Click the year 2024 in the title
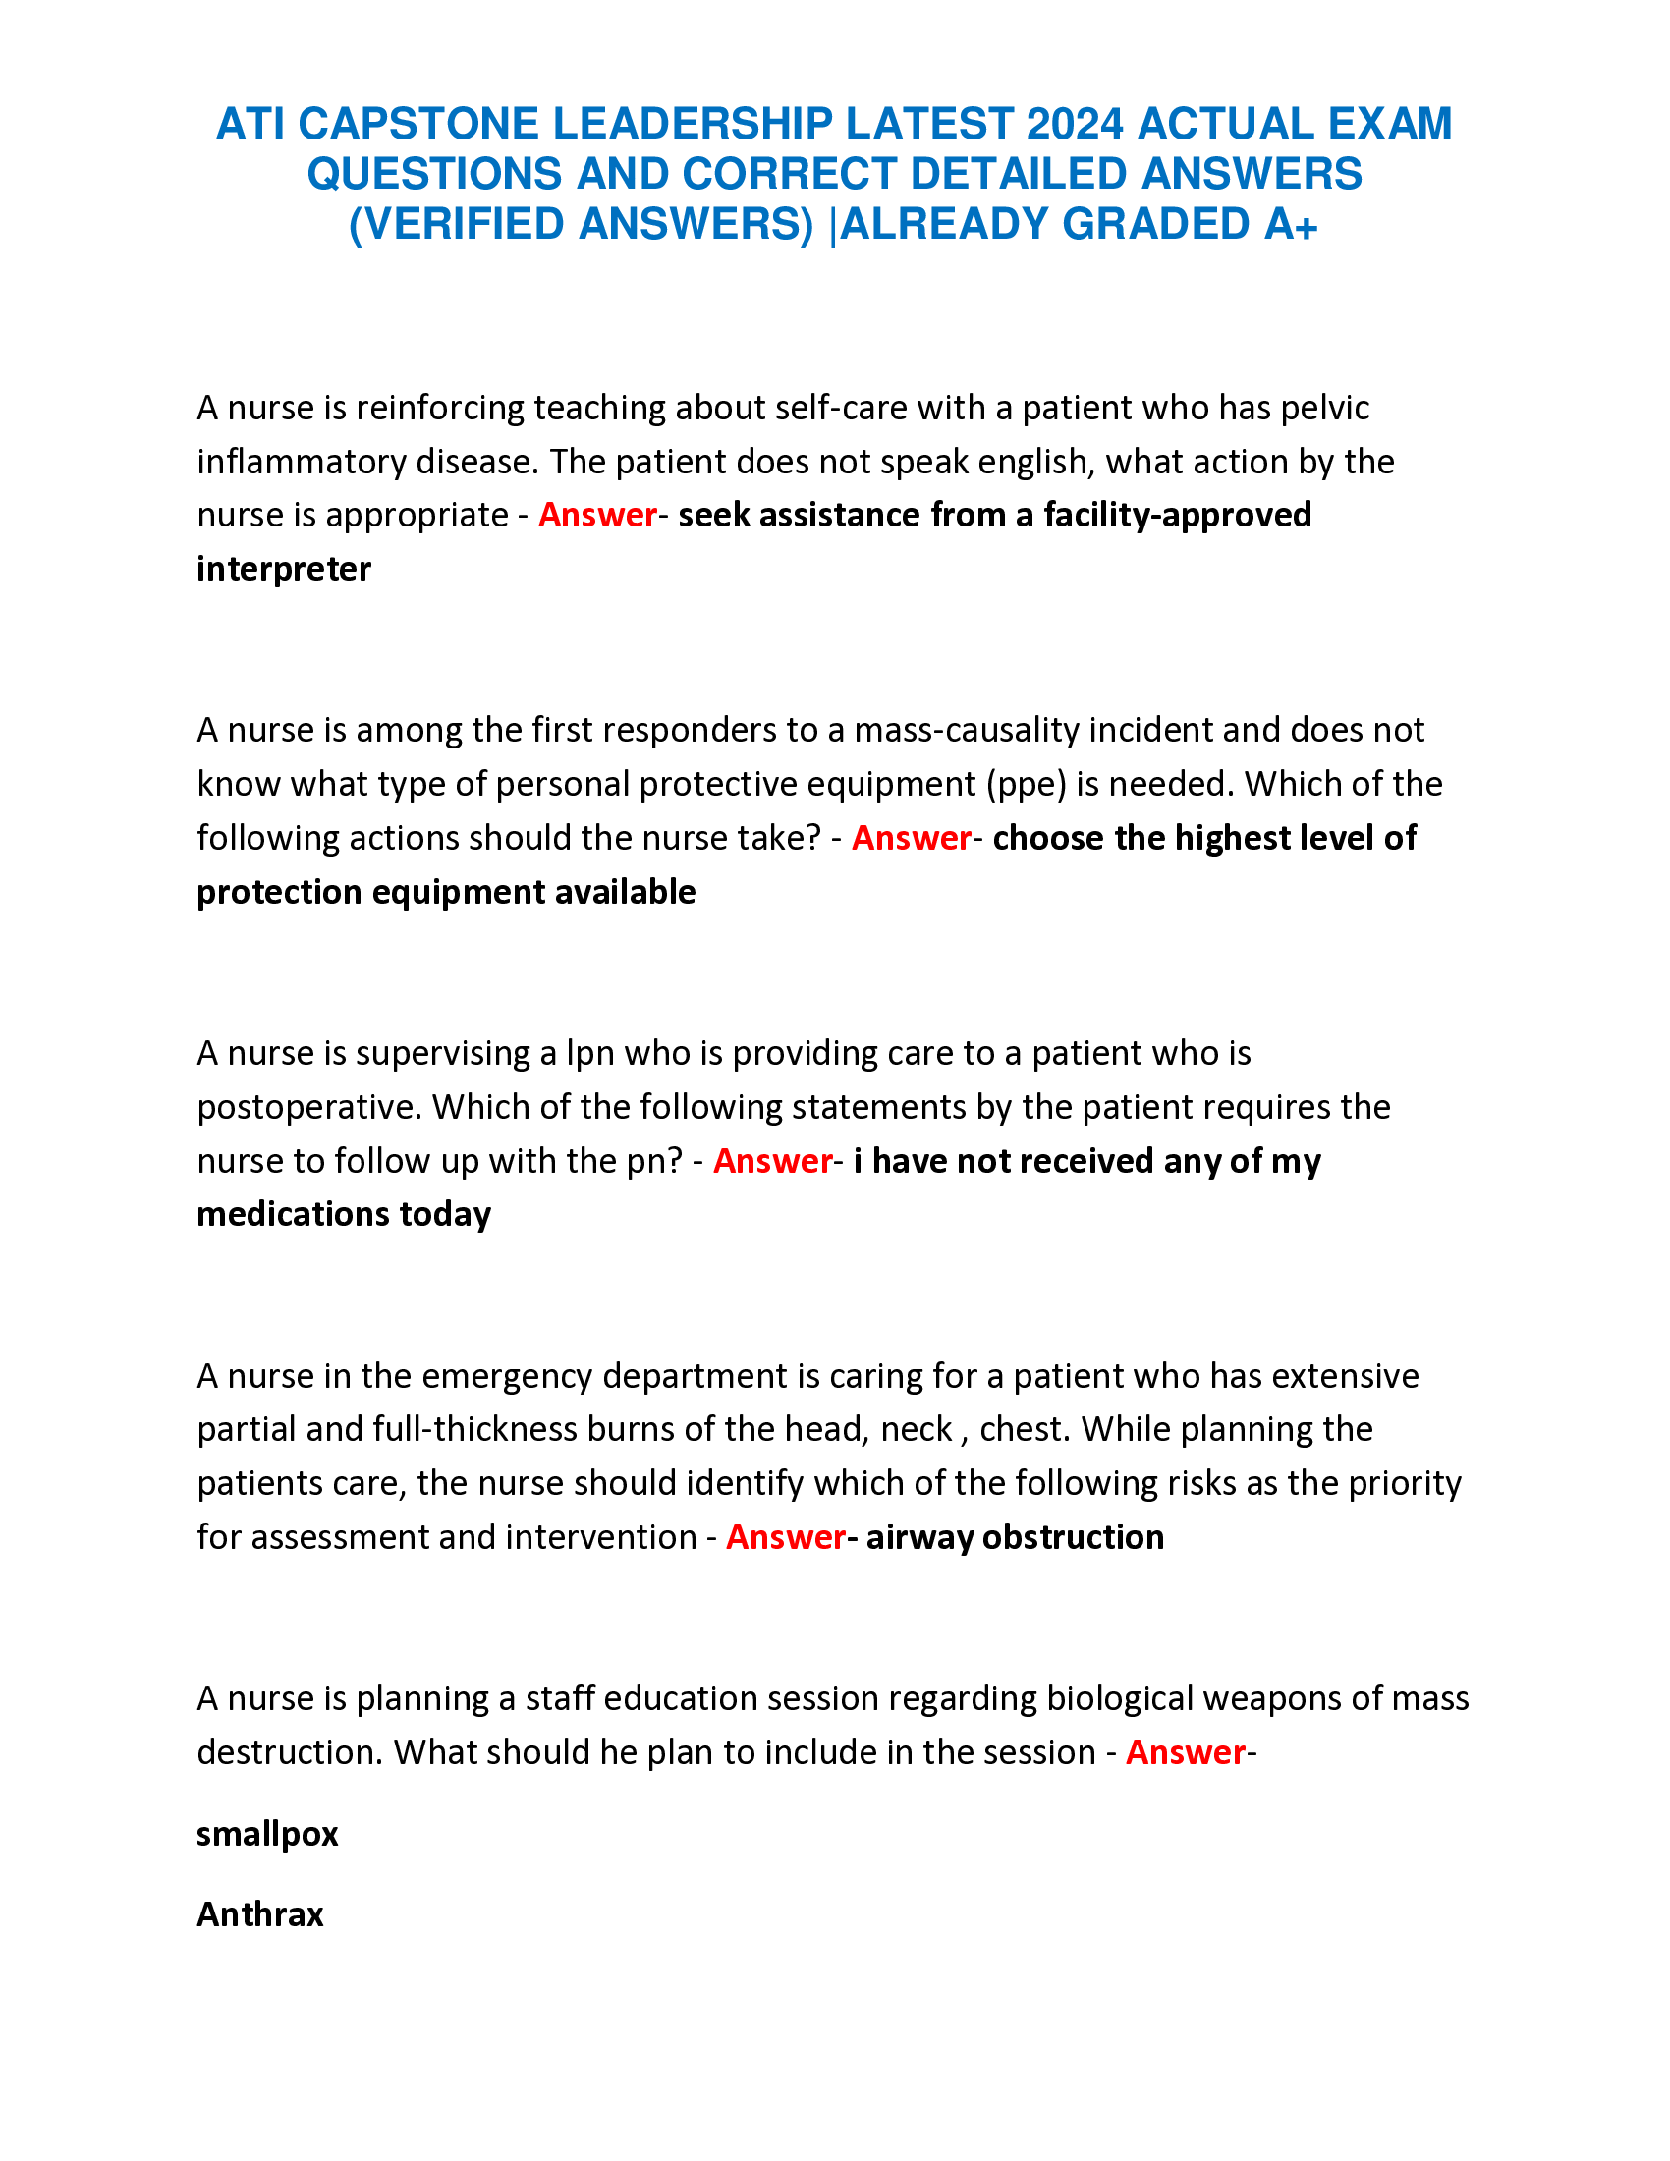(1075, 124)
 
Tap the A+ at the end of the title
(1290, 225)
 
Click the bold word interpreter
(284, 569)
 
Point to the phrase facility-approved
(1177, 515)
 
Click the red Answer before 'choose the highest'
(912, 838)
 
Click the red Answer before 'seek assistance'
(597, 515)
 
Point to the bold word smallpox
(267, 1835)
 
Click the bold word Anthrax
(260, 1914)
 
